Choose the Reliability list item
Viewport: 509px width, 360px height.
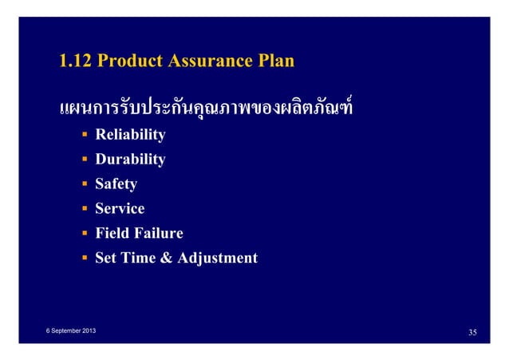pos(130,135)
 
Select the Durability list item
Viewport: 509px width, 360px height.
pos(130,160)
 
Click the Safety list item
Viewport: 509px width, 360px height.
pos(116,184)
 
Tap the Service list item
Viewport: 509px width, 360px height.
pos(120,209)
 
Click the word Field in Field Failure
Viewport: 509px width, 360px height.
pos(111,233)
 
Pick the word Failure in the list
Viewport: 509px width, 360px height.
pos(156,233)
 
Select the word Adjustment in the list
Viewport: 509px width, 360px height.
pos(219,259)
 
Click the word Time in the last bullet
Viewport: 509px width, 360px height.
pos(142,258)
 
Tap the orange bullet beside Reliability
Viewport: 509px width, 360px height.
pos(84,136)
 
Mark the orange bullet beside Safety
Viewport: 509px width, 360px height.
pos(84,185)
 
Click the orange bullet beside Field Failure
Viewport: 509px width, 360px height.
pos(84,234)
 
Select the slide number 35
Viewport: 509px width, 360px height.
pos(472,331)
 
